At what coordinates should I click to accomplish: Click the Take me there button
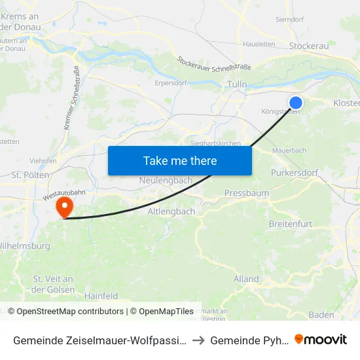tap(179, 160)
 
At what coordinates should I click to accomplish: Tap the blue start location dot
tap(296, 103)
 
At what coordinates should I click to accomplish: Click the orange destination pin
tap(65, 207)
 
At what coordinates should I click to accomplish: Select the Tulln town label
tap(236, 84)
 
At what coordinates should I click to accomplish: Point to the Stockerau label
tap(308, 46)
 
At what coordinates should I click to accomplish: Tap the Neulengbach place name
tap(166, 180)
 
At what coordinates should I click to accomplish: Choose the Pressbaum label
tap(247, 193)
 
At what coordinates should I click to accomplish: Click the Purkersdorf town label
tap(294, 173)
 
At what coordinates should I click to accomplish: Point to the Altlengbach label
tap(171, 211)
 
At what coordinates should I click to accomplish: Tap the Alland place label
tap(246, 279)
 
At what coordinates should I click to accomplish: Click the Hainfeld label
tap(101, 296)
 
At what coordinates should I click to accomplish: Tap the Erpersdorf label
tap(171, 83)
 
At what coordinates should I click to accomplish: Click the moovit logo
tap(321, 339)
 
